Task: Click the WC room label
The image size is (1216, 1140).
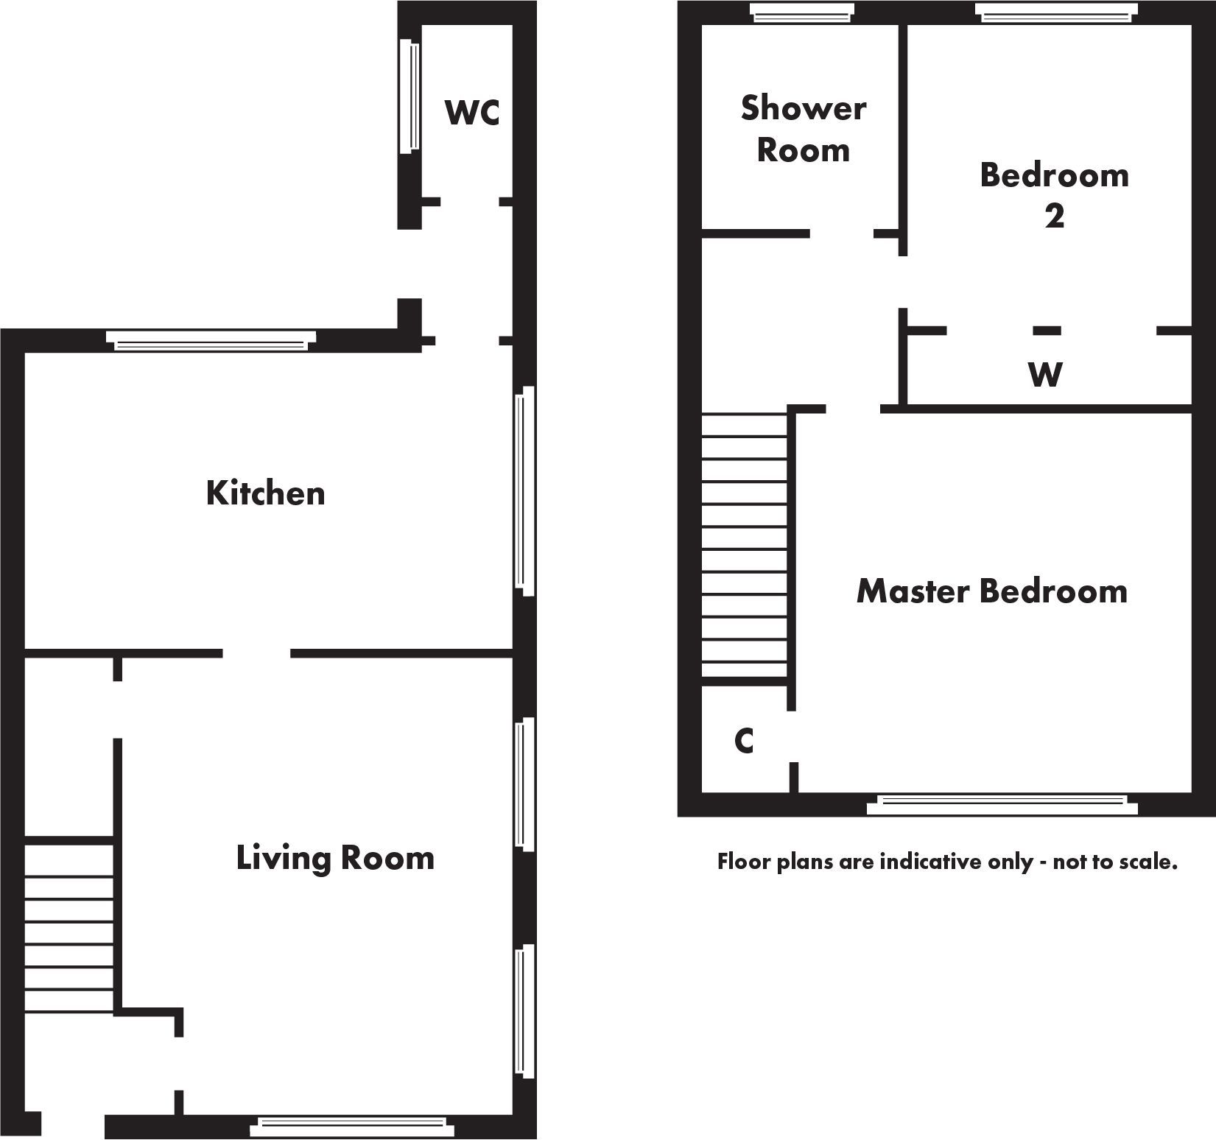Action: pos(472,113)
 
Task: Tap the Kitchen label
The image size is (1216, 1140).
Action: pos(265,493)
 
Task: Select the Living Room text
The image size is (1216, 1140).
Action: pos(335,858)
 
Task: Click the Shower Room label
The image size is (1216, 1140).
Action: pos(803,129)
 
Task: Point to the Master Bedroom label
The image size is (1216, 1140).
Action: pos(991,591)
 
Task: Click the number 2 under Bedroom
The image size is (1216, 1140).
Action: pos(1054,216)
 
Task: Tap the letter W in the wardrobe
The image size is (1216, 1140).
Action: pos(1045,375)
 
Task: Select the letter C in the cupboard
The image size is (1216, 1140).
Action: pos(744,741)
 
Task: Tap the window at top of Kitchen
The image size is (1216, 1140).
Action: pos(211,340)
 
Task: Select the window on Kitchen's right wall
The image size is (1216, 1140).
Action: pos(524,490)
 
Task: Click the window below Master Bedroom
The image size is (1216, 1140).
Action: pos(1002,805)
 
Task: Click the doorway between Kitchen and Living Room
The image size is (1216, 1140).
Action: pos(256,653)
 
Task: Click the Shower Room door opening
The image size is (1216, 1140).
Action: pos(842,234)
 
